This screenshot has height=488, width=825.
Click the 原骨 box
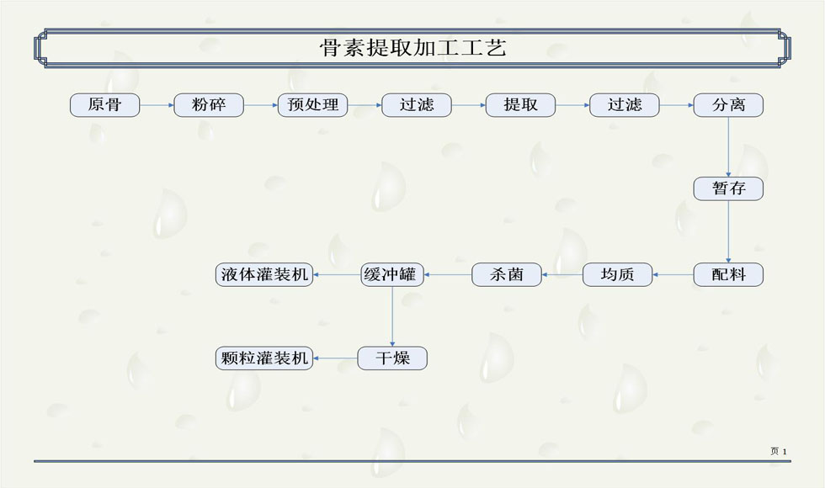pos(104,105)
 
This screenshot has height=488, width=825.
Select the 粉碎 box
pos(209,105)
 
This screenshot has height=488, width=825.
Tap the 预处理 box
pos(312,105)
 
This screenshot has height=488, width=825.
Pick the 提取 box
pos(520,105)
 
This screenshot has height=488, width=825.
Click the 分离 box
pos(728,105)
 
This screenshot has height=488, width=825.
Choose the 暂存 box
pos(728,188)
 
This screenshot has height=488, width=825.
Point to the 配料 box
pos(728,274)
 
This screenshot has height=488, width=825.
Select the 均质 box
pos(617,274)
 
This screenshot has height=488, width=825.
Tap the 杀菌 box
pos(506,274)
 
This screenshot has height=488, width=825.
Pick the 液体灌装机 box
pos(264,274)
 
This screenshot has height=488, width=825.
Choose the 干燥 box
pos(392,358)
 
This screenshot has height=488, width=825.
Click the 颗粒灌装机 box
pos(264,358)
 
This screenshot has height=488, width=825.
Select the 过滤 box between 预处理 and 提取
pos(417,105)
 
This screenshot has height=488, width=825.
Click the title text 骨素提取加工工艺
pos(412,48)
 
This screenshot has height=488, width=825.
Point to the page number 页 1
pos(778,452)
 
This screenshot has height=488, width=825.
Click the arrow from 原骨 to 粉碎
pos(157,105)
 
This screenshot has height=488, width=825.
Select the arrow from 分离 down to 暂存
pos(728,146)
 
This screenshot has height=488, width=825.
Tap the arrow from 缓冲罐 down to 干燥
pos(392,316)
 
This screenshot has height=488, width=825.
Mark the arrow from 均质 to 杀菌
pos(562,274)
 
